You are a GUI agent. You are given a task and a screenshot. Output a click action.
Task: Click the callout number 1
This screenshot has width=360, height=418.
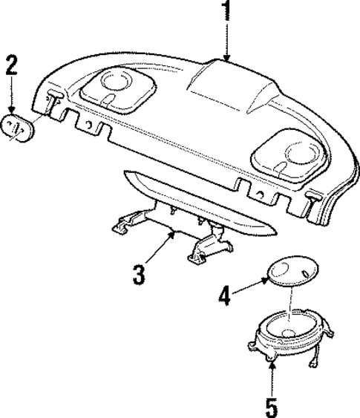click(227, 13)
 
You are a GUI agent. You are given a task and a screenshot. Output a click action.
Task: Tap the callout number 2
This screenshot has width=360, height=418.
click(11, 65)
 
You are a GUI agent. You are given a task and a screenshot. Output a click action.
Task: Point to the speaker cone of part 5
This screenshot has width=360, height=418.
click(289, 327)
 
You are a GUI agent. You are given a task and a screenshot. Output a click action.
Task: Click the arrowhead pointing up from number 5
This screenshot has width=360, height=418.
click(272, 366)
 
